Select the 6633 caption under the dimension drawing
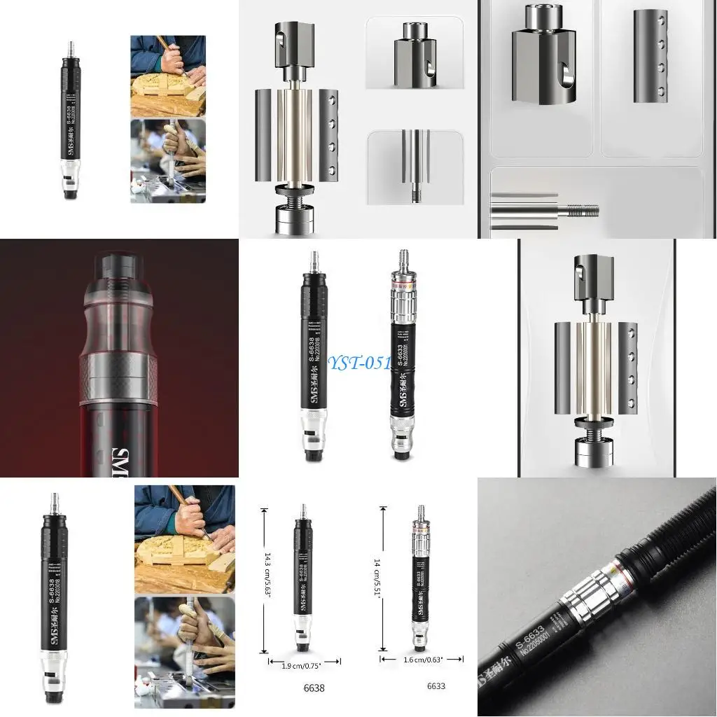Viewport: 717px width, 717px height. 436,685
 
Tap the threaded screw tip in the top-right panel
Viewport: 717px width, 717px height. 582,208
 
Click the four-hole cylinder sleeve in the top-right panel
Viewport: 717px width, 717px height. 650,56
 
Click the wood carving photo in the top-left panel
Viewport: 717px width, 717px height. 168,76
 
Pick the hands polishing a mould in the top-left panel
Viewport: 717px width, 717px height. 168,161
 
